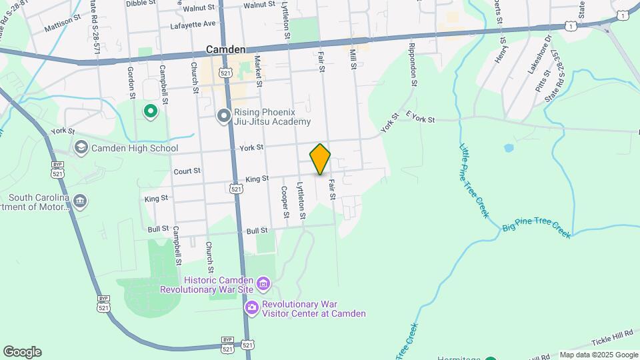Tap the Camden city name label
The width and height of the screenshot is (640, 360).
[225, 49]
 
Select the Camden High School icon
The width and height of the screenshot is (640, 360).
[81, 148]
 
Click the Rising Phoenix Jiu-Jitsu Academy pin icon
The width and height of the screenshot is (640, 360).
[225, 117]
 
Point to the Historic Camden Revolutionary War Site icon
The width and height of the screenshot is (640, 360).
[263, 285]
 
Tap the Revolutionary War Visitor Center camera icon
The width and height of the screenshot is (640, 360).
[251, 307]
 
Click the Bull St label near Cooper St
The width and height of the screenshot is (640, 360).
[257, 231]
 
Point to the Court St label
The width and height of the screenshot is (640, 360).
[187, 171]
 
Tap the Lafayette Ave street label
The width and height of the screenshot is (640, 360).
[193, 24]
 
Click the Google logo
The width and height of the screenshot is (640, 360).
[21, 352]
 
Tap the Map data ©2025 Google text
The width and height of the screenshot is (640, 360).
[598, 355]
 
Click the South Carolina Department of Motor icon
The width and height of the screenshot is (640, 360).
[79, 201]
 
